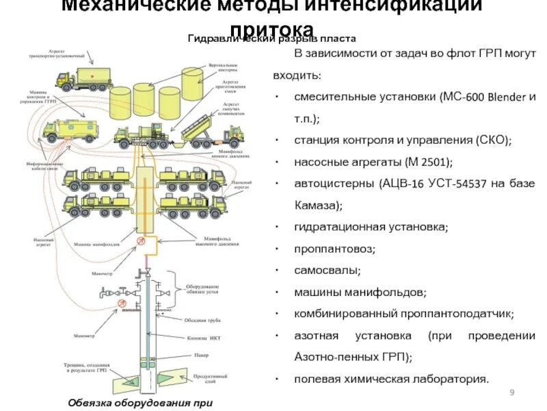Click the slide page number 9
pyautogui.click(x=512, y=392)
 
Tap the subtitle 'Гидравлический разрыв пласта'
pyautogui.click(x=271, y=39)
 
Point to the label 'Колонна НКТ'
pyautogui.click(x=202, y=336)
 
